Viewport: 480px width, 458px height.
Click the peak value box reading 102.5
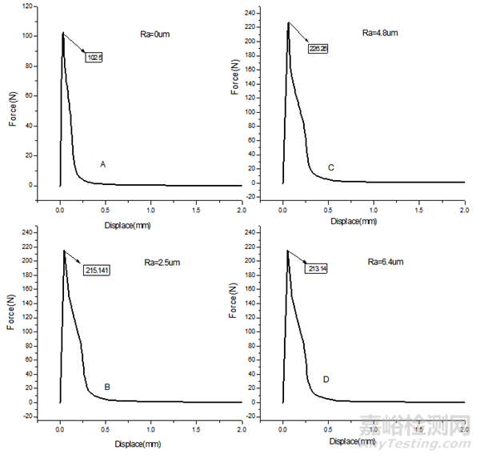pos(94,58)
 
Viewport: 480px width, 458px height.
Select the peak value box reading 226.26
pos(318,49)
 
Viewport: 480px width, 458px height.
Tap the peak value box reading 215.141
pos(97,270)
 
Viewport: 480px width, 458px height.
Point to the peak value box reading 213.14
pos(318,269)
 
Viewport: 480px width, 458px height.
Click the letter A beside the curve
pos(102,164)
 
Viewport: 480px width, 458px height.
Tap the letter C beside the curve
pos(330,167)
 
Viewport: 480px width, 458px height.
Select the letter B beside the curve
pos(107,387)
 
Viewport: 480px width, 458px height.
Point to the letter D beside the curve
pos(326,379)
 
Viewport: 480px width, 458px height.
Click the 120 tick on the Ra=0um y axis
pos(27,6)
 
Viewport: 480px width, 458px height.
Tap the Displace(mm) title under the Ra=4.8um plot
pos(353,220)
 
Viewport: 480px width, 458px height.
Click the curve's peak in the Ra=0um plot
pos(62,33)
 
